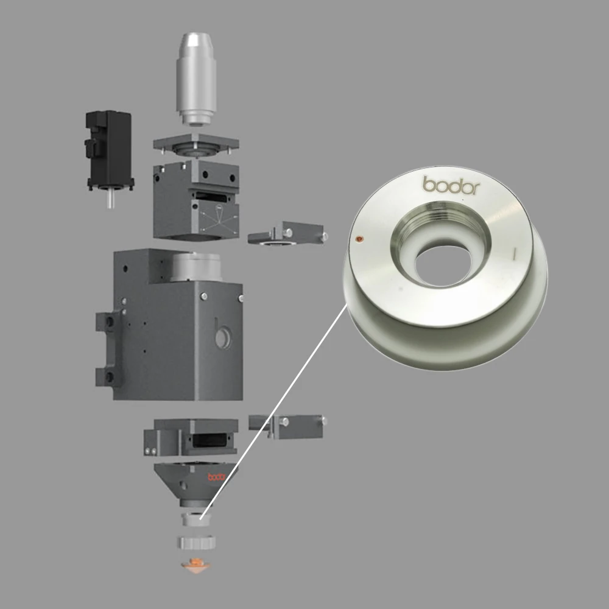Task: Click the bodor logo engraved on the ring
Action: [x=451, y=185]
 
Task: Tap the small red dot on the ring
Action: [x=359, y=239]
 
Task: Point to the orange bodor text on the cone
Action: [x=216, y=477]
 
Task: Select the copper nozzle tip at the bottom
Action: [x=196, y=566]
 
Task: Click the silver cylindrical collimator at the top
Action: [x=196, y=79]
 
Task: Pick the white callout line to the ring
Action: [x=273, y=411]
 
